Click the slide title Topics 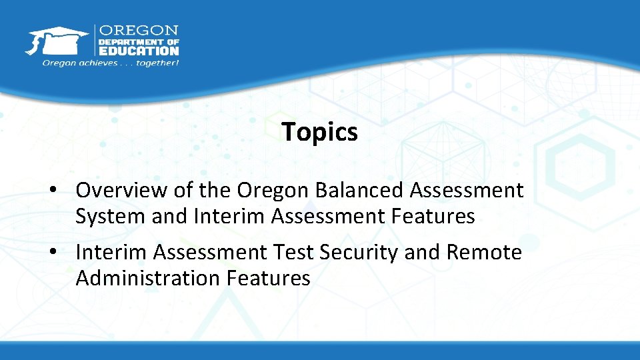(319, 132)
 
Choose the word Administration (146, 278)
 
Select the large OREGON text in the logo (139, 31)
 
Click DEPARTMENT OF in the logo (139, 41)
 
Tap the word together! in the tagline (157, 63)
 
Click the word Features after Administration (269, 278)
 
